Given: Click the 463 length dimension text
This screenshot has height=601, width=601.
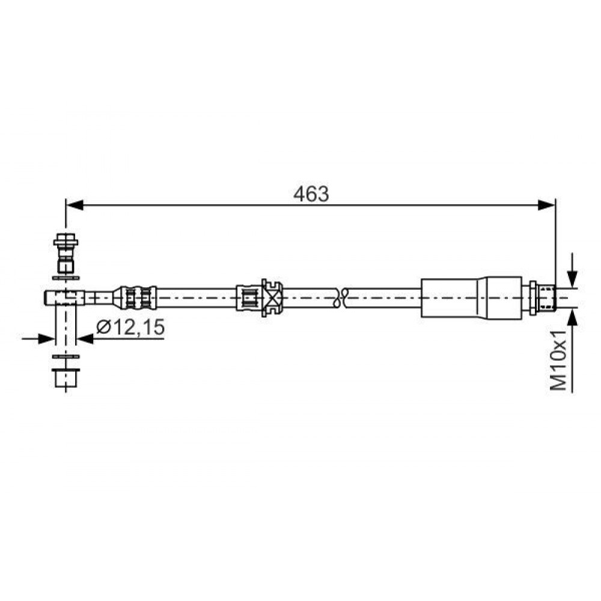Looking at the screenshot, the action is [x=311, y=194].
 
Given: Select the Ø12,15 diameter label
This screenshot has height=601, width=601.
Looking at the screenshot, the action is [x=130, y=327].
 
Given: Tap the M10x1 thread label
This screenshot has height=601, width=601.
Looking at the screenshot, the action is [x=558, y=360].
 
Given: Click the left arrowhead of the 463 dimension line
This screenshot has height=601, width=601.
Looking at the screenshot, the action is [x=75, y=205].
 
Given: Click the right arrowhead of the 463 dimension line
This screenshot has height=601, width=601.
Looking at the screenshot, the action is [x=546, y=205].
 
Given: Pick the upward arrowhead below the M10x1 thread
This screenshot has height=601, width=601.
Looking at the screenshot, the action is [x=572, y=316].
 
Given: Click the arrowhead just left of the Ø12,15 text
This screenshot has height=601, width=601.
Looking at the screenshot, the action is [x=85, y=338].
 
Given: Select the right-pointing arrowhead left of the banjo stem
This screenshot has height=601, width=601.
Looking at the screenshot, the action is [x=47, y=338].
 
